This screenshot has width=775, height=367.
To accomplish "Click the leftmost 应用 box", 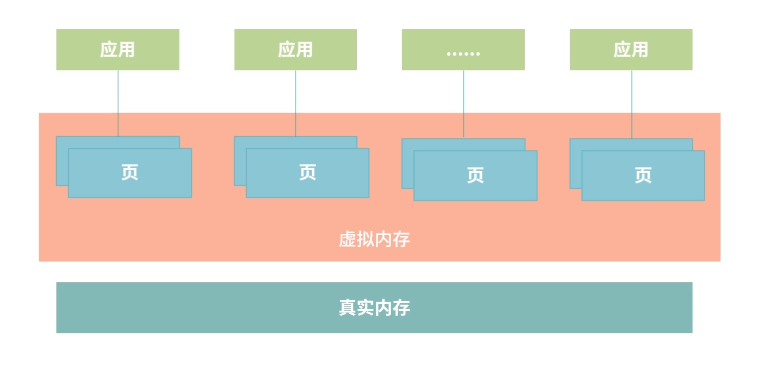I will pos(117,49).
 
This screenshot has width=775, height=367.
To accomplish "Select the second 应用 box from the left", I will pos(295,49).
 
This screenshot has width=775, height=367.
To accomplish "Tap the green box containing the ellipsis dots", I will pos(463,49).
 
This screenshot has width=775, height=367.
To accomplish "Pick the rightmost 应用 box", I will pos(630,49).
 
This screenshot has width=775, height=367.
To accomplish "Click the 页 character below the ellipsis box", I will pos(475,175).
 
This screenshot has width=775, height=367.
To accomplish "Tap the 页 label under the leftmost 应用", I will pos(130,172).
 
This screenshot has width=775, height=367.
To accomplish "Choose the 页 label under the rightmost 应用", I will pos(643,175).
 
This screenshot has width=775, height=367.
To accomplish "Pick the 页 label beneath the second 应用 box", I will pos(307,172).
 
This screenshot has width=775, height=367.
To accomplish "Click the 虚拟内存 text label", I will pos(374,240).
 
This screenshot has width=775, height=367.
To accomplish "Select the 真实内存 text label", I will pos(374,308).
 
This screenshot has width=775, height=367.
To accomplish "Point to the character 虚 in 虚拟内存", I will pos(347,240).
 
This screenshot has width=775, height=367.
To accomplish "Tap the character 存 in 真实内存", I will pos(402,308).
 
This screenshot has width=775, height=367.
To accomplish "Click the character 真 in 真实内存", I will pos(347,308).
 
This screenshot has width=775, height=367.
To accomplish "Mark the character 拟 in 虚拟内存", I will pos(365,240).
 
